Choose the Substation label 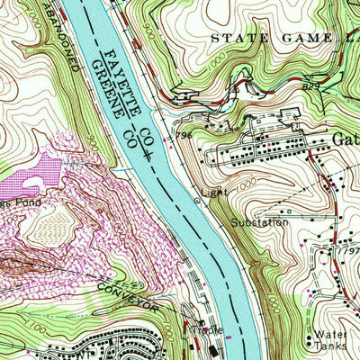click(258, 221)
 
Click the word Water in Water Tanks click(325, 335)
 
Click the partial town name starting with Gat click(346, 139)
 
